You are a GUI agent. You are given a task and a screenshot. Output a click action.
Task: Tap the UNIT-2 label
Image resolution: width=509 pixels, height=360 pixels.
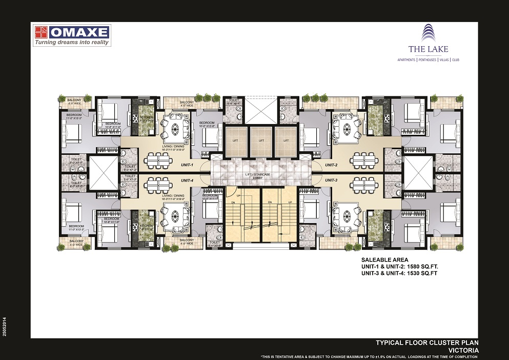331,165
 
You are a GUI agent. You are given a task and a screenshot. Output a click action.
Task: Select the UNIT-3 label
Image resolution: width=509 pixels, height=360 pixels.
331,181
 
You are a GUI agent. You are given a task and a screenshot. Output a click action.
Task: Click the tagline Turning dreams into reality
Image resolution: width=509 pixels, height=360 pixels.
72,43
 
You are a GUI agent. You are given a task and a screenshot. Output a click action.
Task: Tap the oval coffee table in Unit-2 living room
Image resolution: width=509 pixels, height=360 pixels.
345,126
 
